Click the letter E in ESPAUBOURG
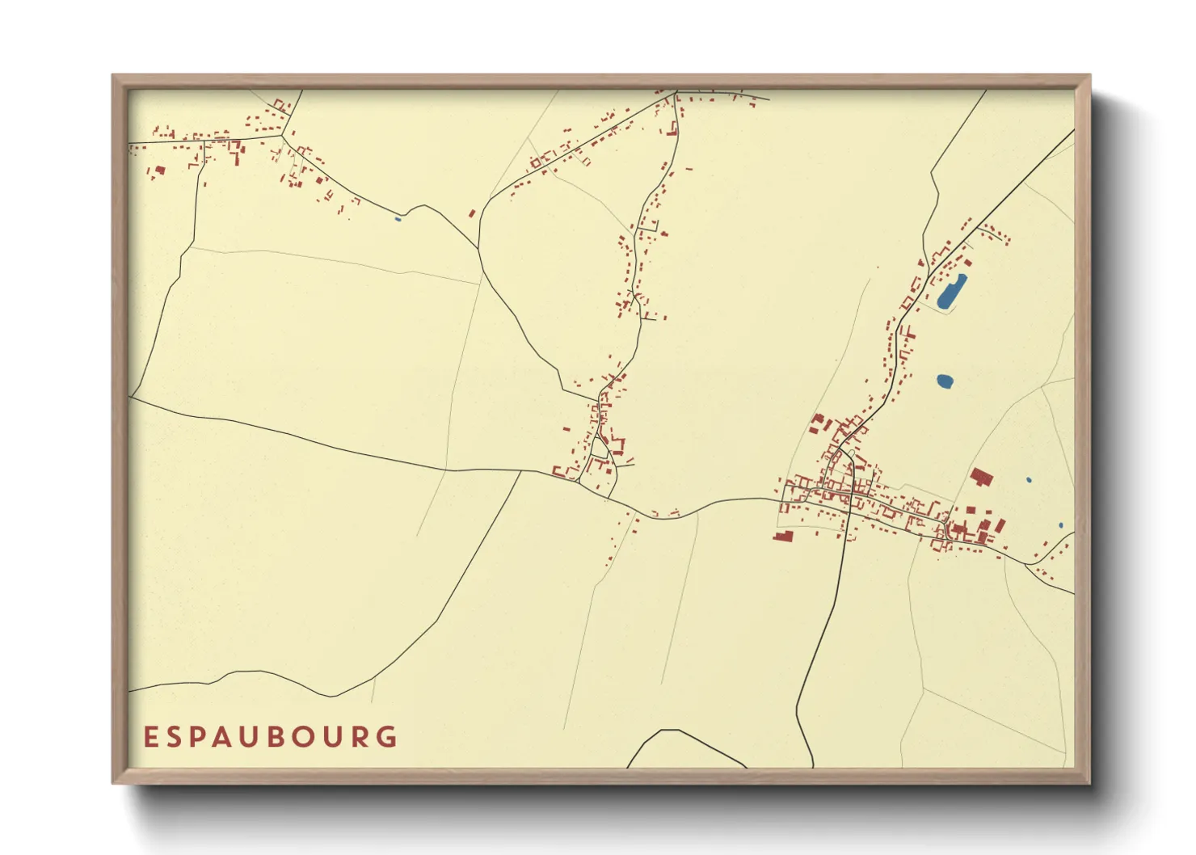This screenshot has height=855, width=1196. [x=150, y=737]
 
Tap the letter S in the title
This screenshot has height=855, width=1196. [x=178, y=737]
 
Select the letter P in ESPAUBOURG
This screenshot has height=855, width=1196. [x=206, y=737]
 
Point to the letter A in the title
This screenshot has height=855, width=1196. [x=235, y=737]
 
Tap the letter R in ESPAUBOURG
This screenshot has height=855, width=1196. [x=360, y=737]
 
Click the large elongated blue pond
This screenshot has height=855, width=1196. [x=951, y=292]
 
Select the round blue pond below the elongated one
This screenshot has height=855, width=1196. [x=945, y=380]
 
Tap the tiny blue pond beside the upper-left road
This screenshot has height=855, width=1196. [x=397, y=218]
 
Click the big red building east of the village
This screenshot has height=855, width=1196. [x=980, y=476]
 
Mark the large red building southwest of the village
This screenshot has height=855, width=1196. [x=782, y=535]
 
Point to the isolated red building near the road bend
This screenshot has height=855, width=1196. [x=473, y=213]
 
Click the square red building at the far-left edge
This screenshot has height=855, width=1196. [x=159, y=171]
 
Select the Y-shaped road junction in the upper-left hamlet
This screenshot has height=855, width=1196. [x=282, y=136]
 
